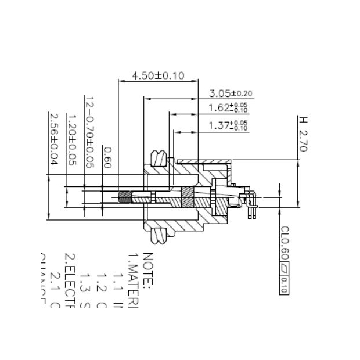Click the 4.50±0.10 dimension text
coord(159,76)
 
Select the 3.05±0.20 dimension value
coord(231,93)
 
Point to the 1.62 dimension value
coord(228,108)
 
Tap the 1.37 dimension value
coord(228,125)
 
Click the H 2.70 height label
coord(303,134)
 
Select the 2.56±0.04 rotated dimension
coord(54,139)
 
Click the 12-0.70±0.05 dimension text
coord(89,132)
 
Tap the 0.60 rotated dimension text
coord(107,157)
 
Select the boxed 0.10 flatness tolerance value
coord(285,282)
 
